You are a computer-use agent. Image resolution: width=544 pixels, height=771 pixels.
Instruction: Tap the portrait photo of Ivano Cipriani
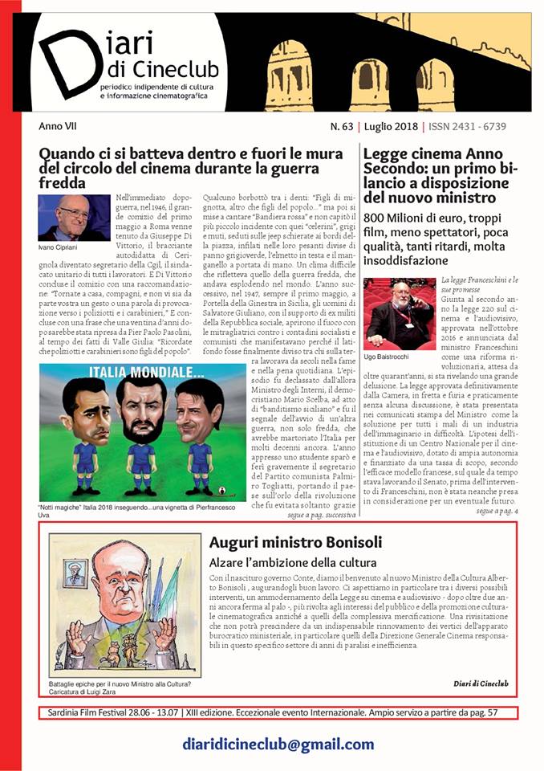(74, 217)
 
